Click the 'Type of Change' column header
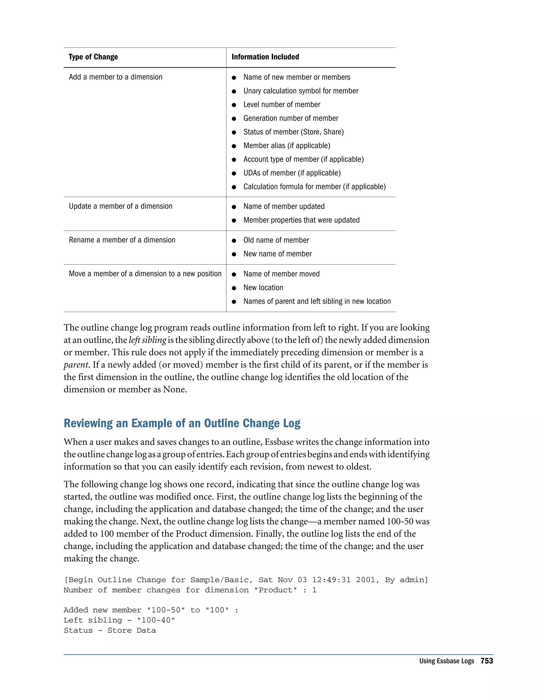pos(93,57)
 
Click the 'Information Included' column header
pos(265,57)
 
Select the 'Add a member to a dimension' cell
pos(115,77)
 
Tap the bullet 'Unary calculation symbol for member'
pos(301,91)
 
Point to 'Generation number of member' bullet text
pos(291,118)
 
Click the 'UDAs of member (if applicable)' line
pos(292,173)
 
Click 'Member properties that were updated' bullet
pos(301,220)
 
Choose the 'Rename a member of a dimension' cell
pos(122,240)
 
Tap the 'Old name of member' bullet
pos(276,240)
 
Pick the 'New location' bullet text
pos(263,288)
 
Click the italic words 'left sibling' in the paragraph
pos(147,340)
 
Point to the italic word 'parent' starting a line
pos(76,365)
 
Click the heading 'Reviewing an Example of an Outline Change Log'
pos(182,423)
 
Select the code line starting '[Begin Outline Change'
pos(246,580)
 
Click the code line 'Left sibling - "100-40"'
pos(119,620)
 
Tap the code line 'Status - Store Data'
pos(110,630)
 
